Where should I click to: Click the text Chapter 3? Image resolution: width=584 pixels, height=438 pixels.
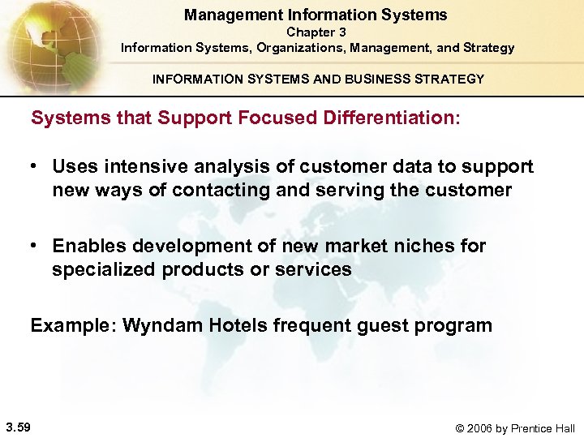(317, 32)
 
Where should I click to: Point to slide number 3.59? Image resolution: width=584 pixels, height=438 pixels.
(18, 427)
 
